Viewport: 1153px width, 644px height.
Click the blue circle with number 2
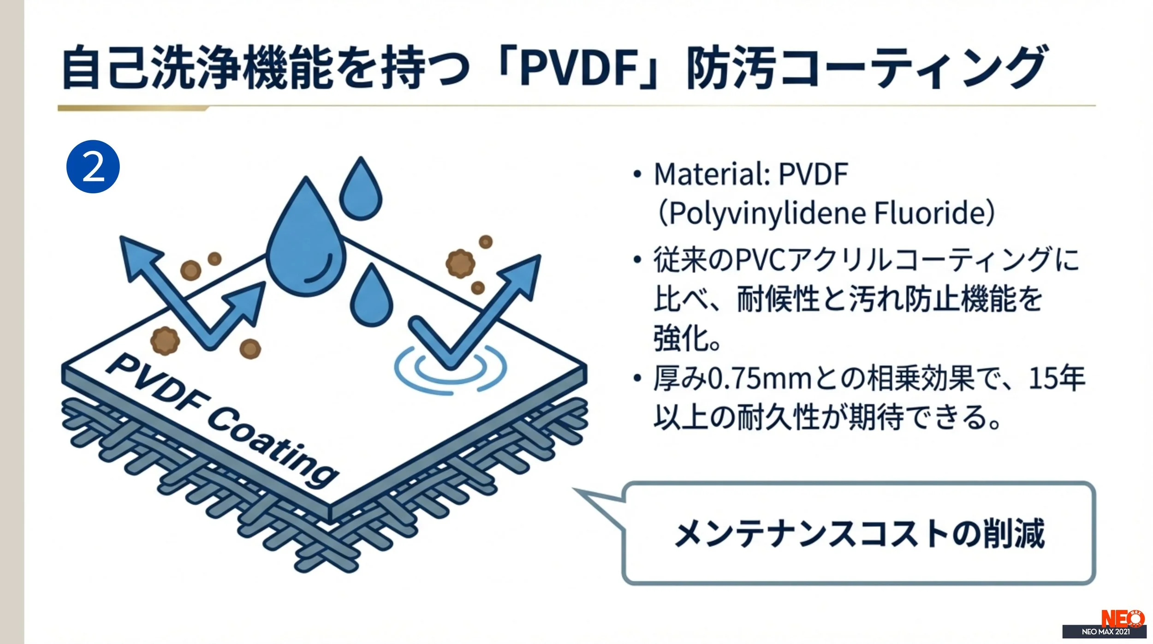[x=93, y=167]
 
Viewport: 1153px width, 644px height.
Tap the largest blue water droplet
[x=306, y=244]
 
